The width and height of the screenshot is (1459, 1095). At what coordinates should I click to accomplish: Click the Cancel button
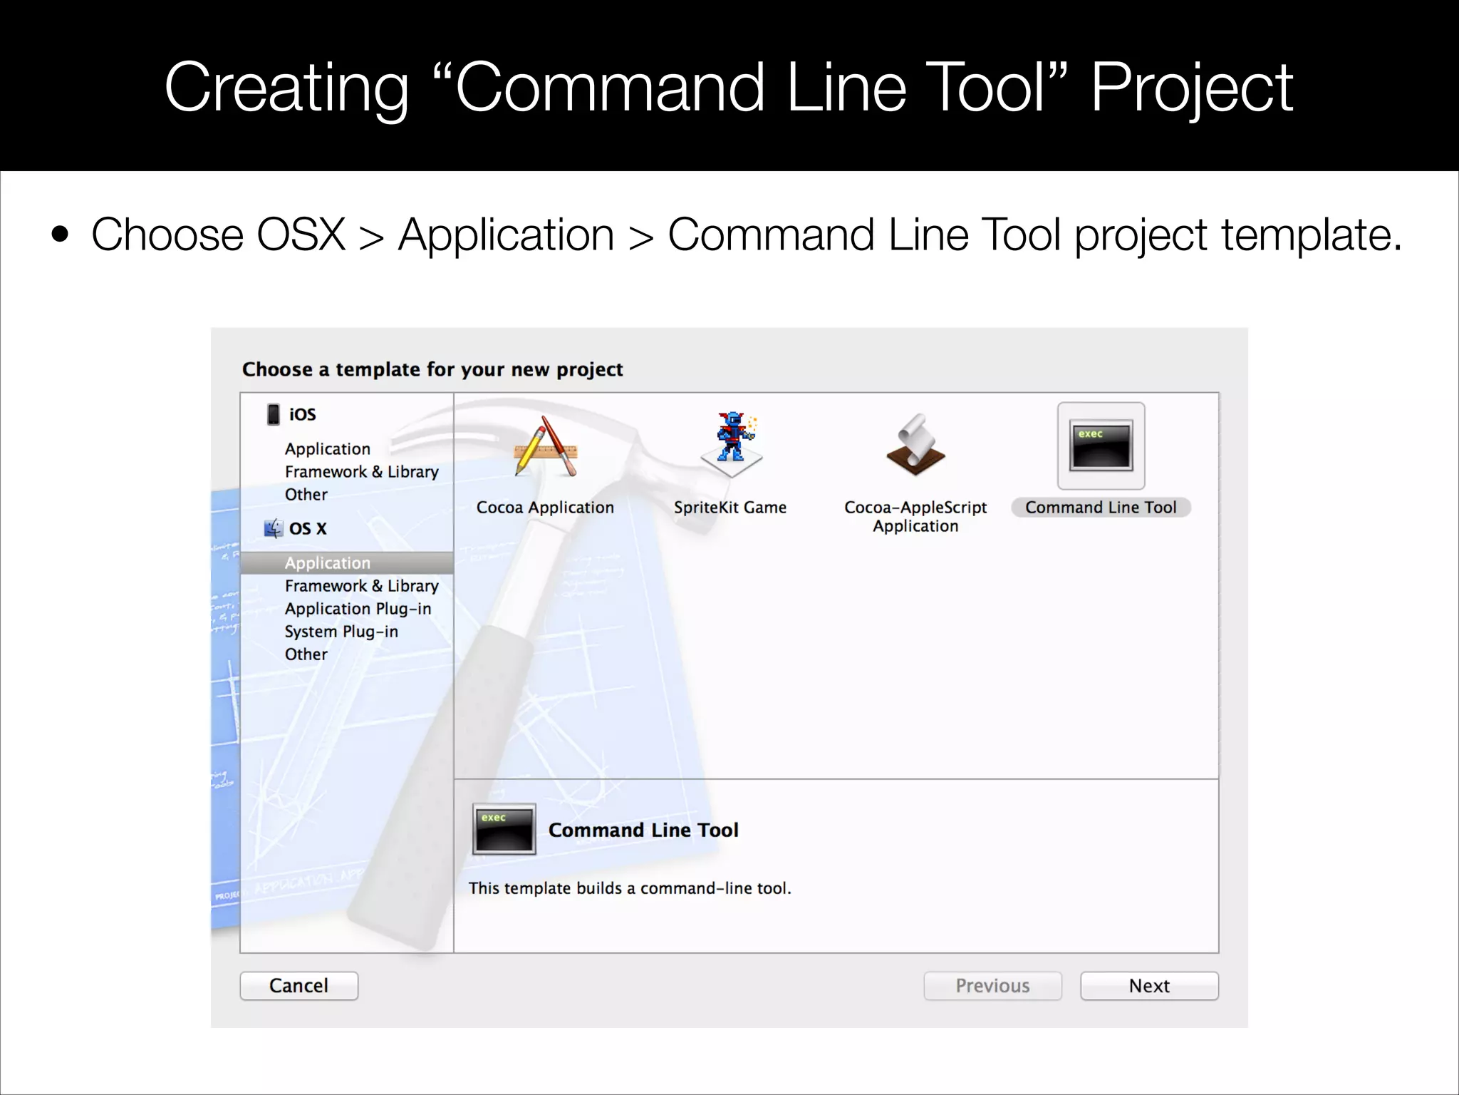click(x=298, y=986)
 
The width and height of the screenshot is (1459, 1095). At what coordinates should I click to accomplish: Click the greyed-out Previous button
click(x=992, y=986)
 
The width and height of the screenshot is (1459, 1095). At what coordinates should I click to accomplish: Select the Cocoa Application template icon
click(x=545, y=448)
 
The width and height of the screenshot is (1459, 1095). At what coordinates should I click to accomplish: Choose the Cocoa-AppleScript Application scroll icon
click(x=915, y=446)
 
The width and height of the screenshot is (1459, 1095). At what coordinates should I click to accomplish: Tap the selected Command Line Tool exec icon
click(x=1101, y=446)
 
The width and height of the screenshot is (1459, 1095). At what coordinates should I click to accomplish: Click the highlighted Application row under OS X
click(x=328, y=563)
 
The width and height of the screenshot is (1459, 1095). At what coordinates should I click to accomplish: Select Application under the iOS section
click(x=328, y=449)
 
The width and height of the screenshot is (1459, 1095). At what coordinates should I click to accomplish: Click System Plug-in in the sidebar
click(x=341, y=632)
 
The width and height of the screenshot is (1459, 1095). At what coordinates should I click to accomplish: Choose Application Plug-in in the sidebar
click(x=358, y=609)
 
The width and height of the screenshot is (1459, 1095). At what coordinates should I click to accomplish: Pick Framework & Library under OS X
click(x=361, y=586)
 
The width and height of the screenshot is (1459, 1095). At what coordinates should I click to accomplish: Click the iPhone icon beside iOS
click(x=273, y=414)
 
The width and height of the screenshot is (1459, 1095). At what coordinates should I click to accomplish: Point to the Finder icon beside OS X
click(x=274, y=528)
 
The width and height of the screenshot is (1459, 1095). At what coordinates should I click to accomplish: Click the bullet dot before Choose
click(x=61, y=235)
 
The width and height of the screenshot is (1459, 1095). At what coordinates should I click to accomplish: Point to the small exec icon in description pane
click(x=504, y=829)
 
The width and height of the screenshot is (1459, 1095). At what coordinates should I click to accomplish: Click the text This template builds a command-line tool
click(x=630, y=888)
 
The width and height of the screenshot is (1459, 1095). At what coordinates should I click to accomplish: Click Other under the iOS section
click(x=306, y=495)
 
